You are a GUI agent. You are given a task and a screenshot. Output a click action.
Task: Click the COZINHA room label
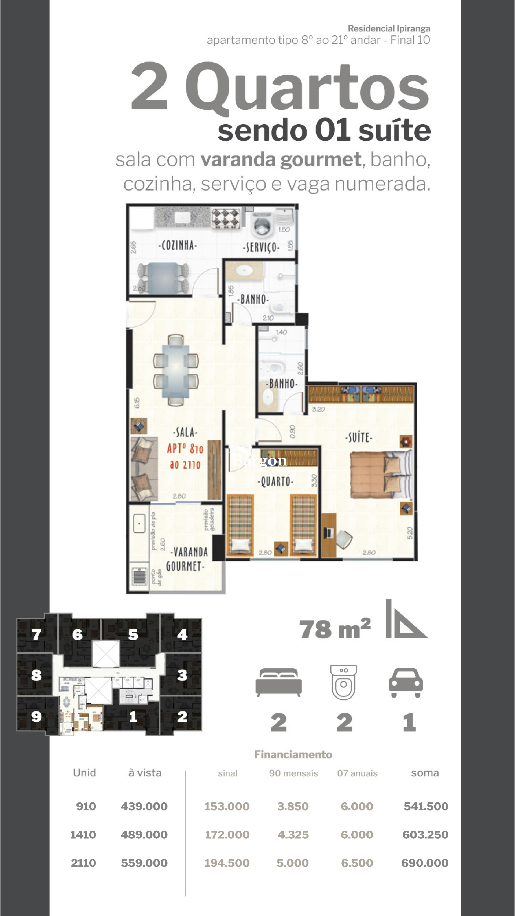tap(177, 245)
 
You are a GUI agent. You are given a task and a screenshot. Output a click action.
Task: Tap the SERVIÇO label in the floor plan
tap(262, 247)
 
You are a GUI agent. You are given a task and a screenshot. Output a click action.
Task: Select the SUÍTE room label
tap(359, 437)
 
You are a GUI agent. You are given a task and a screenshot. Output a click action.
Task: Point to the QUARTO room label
tap(275, 481)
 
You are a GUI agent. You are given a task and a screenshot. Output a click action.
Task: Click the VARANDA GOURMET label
tap(187, 559)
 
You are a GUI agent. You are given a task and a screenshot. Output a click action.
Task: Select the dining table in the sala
tap(176, 370)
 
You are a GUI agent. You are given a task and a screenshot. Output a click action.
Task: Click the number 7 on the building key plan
tap(36, 634)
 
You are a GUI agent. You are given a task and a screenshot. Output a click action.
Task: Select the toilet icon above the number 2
tap(343, 682)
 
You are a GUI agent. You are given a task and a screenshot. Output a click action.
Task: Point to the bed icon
tap(279, 682)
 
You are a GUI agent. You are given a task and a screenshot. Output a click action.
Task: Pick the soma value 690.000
tap(425, 863)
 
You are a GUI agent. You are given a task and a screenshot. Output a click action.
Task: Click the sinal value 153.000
tap(227, 806)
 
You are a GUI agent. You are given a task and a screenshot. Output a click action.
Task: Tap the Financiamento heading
tap(293, 754)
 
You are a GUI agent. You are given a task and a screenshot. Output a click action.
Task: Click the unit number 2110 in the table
tap(83, 863)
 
